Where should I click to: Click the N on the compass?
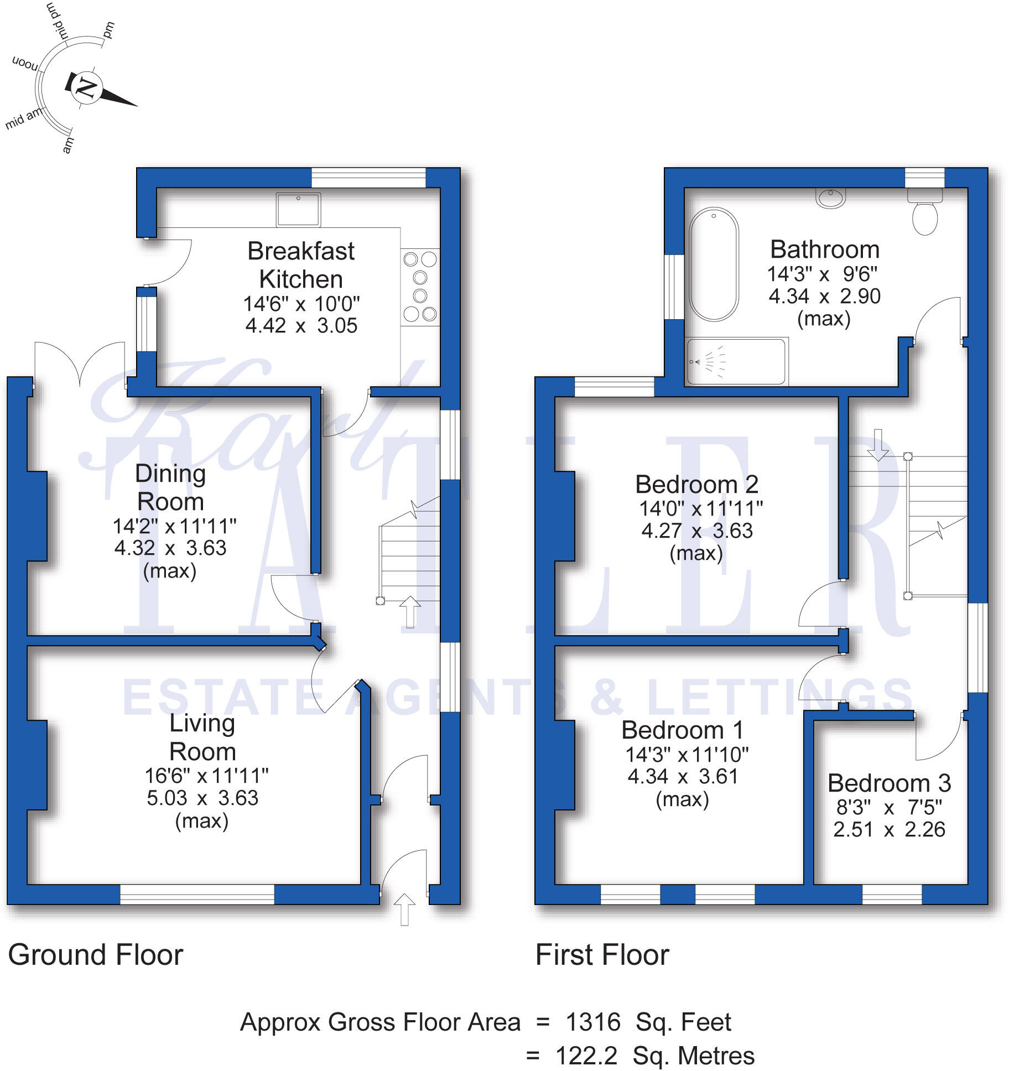pyautogui.click(x=86, y=87)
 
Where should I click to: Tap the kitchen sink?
pyautogui.click(x=298, y=209)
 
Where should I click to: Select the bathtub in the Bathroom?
pyautogui.click(x=714, y=264)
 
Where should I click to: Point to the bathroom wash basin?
pyautogui.click(x=830, y=197)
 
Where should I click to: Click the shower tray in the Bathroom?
pyautogui.click(x=735, y=362)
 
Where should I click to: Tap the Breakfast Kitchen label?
pyautogui.click(x=301, y=265)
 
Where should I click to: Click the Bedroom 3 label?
pyautogui.click(x=889, y=783)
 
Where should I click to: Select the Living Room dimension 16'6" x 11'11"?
pyautogui.click(x=206, y=776)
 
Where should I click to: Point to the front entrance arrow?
pyautogui.click(x=404, y=909)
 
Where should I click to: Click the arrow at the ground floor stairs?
pyautogui.click(x=410, y=611)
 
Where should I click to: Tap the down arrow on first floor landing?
pyautogui.click(x=877, y=445)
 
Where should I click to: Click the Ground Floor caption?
pyautogui.click(x=96, y=954)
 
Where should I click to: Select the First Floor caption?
pyautogui.click(x=602, y=954)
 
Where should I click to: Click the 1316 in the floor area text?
pyautogui.click(x=592, y=1022)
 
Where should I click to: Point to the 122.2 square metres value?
pyautogui.click(x=586, y=1056)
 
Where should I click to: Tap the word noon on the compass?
pyautogui.click(x=25, y=64)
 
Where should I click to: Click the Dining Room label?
pyautogui.click(x=170, y=487)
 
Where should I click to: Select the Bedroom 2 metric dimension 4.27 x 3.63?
pyautogui.click(x=696, y=531)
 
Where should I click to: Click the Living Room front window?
pyautogui.click(x=197, y=894)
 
